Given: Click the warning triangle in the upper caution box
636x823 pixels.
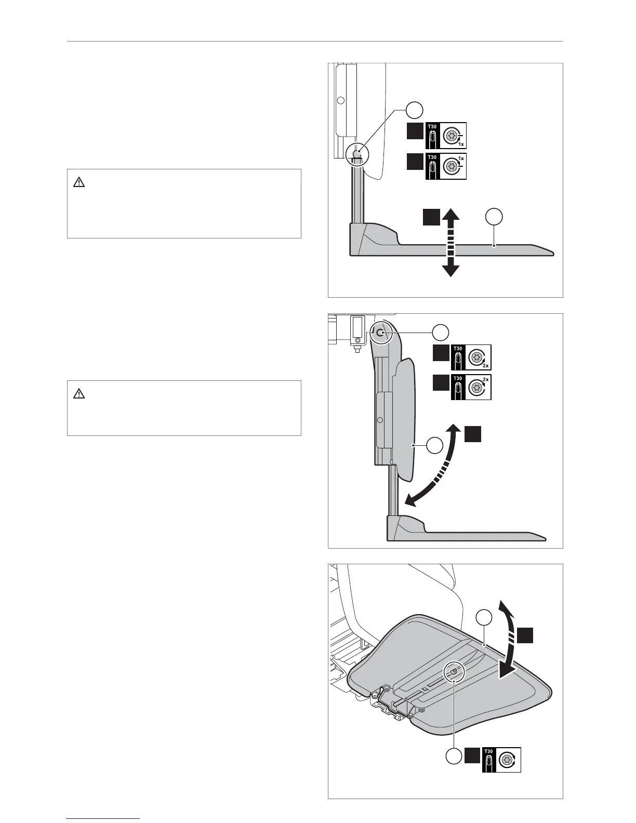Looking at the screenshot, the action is [x=79, y=182].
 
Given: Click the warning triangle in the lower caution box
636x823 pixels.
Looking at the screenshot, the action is [x=79, y=394].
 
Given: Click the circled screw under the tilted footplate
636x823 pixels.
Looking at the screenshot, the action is [x=454, y=671].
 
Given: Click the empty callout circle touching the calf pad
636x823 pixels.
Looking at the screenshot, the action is [x=434, y=445].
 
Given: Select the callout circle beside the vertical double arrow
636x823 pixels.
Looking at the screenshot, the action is [x=494, y=217].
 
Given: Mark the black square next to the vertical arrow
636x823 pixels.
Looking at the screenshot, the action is [x=430, y=217].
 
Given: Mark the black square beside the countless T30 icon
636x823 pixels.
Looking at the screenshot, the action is [x=472, y=756].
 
